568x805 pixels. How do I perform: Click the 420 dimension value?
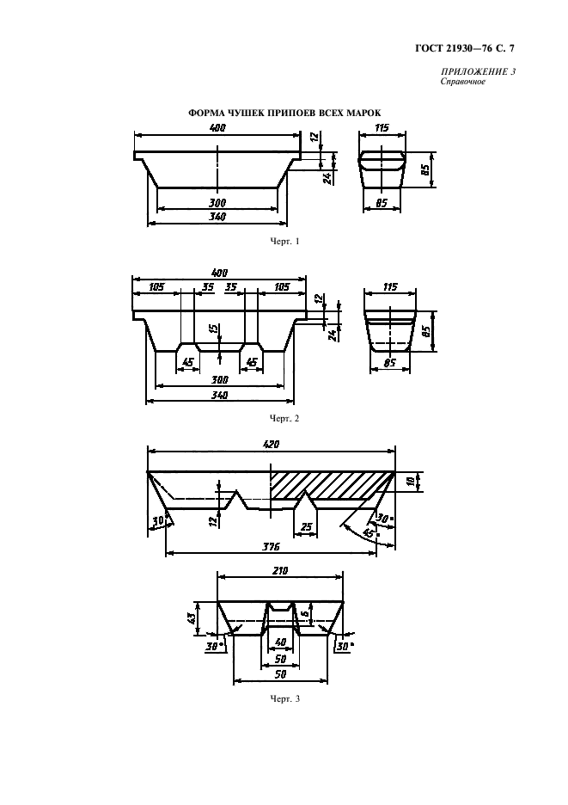click(x=271, y=444)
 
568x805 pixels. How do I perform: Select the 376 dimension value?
click(x=271, y=547)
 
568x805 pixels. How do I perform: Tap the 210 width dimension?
click(x=281, y=570)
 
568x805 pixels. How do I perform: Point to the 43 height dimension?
click(x=190, y=618)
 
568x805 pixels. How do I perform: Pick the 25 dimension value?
click(x=306, y=526)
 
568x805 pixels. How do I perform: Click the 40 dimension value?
click(x=280, y=642)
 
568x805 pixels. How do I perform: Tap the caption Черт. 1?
click(x=284, y=241)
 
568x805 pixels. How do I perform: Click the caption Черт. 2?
click(x=284, y=419)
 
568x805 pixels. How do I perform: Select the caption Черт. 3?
click(x=284, y=698)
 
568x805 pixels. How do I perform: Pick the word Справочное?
click(x=463, y=81)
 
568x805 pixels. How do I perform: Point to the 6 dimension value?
click(x=304, y=614)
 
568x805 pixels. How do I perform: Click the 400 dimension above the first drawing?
click(x=218, y=128)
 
